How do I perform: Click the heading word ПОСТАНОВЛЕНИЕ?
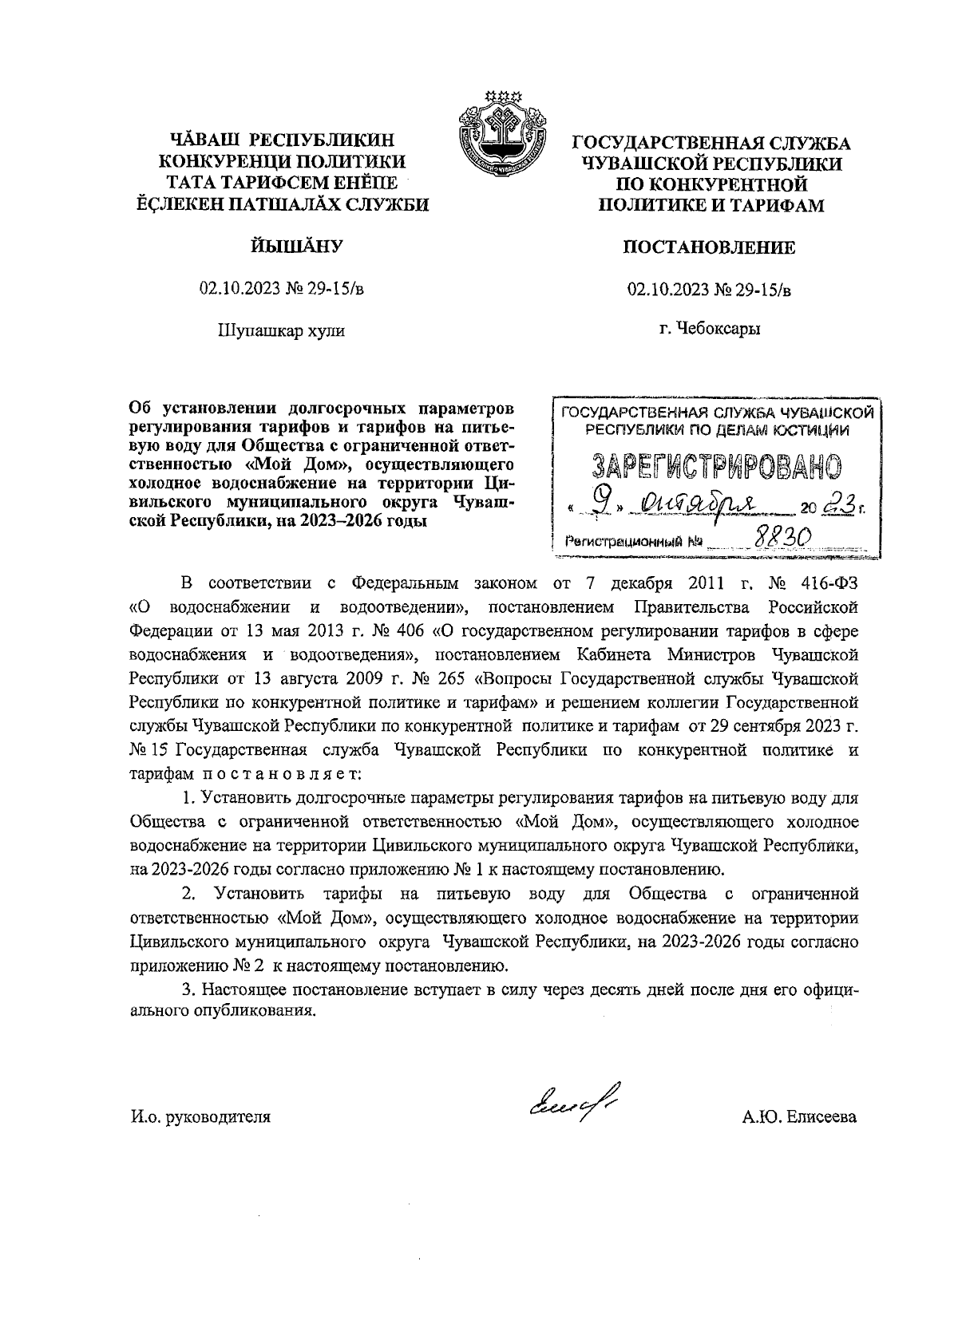point(709,247)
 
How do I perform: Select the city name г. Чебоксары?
point(709,328)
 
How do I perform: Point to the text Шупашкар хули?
point(281,330)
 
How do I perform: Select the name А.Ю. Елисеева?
point(798,1117)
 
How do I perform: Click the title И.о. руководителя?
point(200,1117)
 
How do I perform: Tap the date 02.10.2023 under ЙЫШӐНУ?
point(240,289)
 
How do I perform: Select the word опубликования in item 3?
point(252,1010)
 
